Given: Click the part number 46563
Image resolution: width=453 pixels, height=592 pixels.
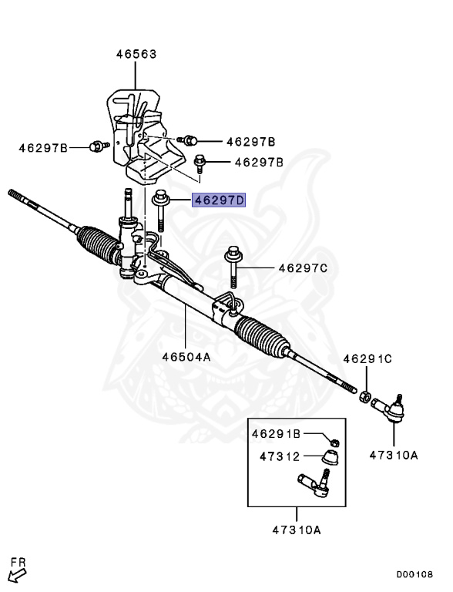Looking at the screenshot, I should click(136, 54).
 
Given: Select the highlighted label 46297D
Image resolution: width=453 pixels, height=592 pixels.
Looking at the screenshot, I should click(219, 200).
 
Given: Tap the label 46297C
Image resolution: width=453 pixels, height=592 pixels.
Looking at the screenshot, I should click(303, 268).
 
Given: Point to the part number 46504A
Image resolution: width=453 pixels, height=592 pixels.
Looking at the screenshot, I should click(186, 357).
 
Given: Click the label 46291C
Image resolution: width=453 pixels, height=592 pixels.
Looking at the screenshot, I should click(367, 358).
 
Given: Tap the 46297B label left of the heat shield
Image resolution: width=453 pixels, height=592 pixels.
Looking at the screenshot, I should click(44, 146).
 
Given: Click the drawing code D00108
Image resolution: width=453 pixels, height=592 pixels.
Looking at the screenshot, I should click(415, 574).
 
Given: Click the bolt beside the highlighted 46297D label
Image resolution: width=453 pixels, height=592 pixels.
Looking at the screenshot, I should click(162, 209).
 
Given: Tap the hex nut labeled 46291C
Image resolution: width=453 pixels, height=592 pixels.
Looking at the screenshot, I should click(367, 396).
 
